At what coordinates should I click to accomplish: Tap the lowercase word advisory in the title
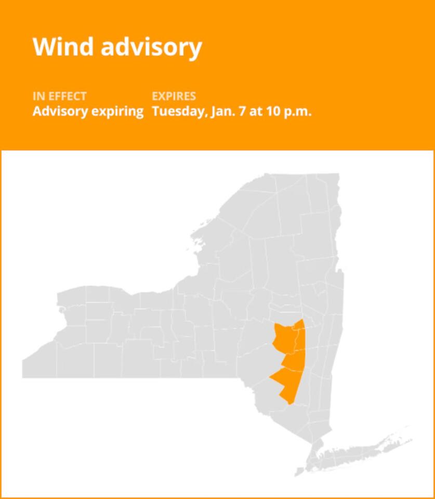tap(151, 47)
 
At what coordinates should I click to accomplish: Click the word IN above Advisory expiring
tap(39, 97)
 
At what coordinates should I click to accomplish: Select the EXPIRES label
tap(174, 97)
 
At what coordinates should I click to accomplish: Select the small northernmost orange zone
tap(298, 325)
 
